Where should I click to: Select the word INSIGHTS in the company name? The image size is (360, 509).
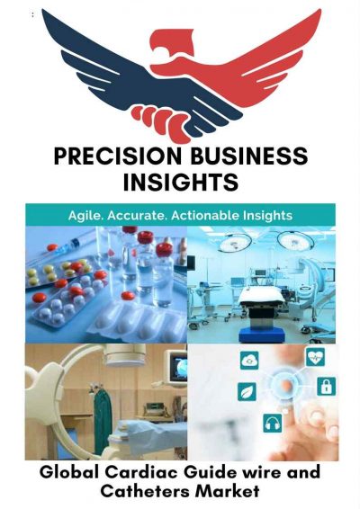[180, 183]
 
